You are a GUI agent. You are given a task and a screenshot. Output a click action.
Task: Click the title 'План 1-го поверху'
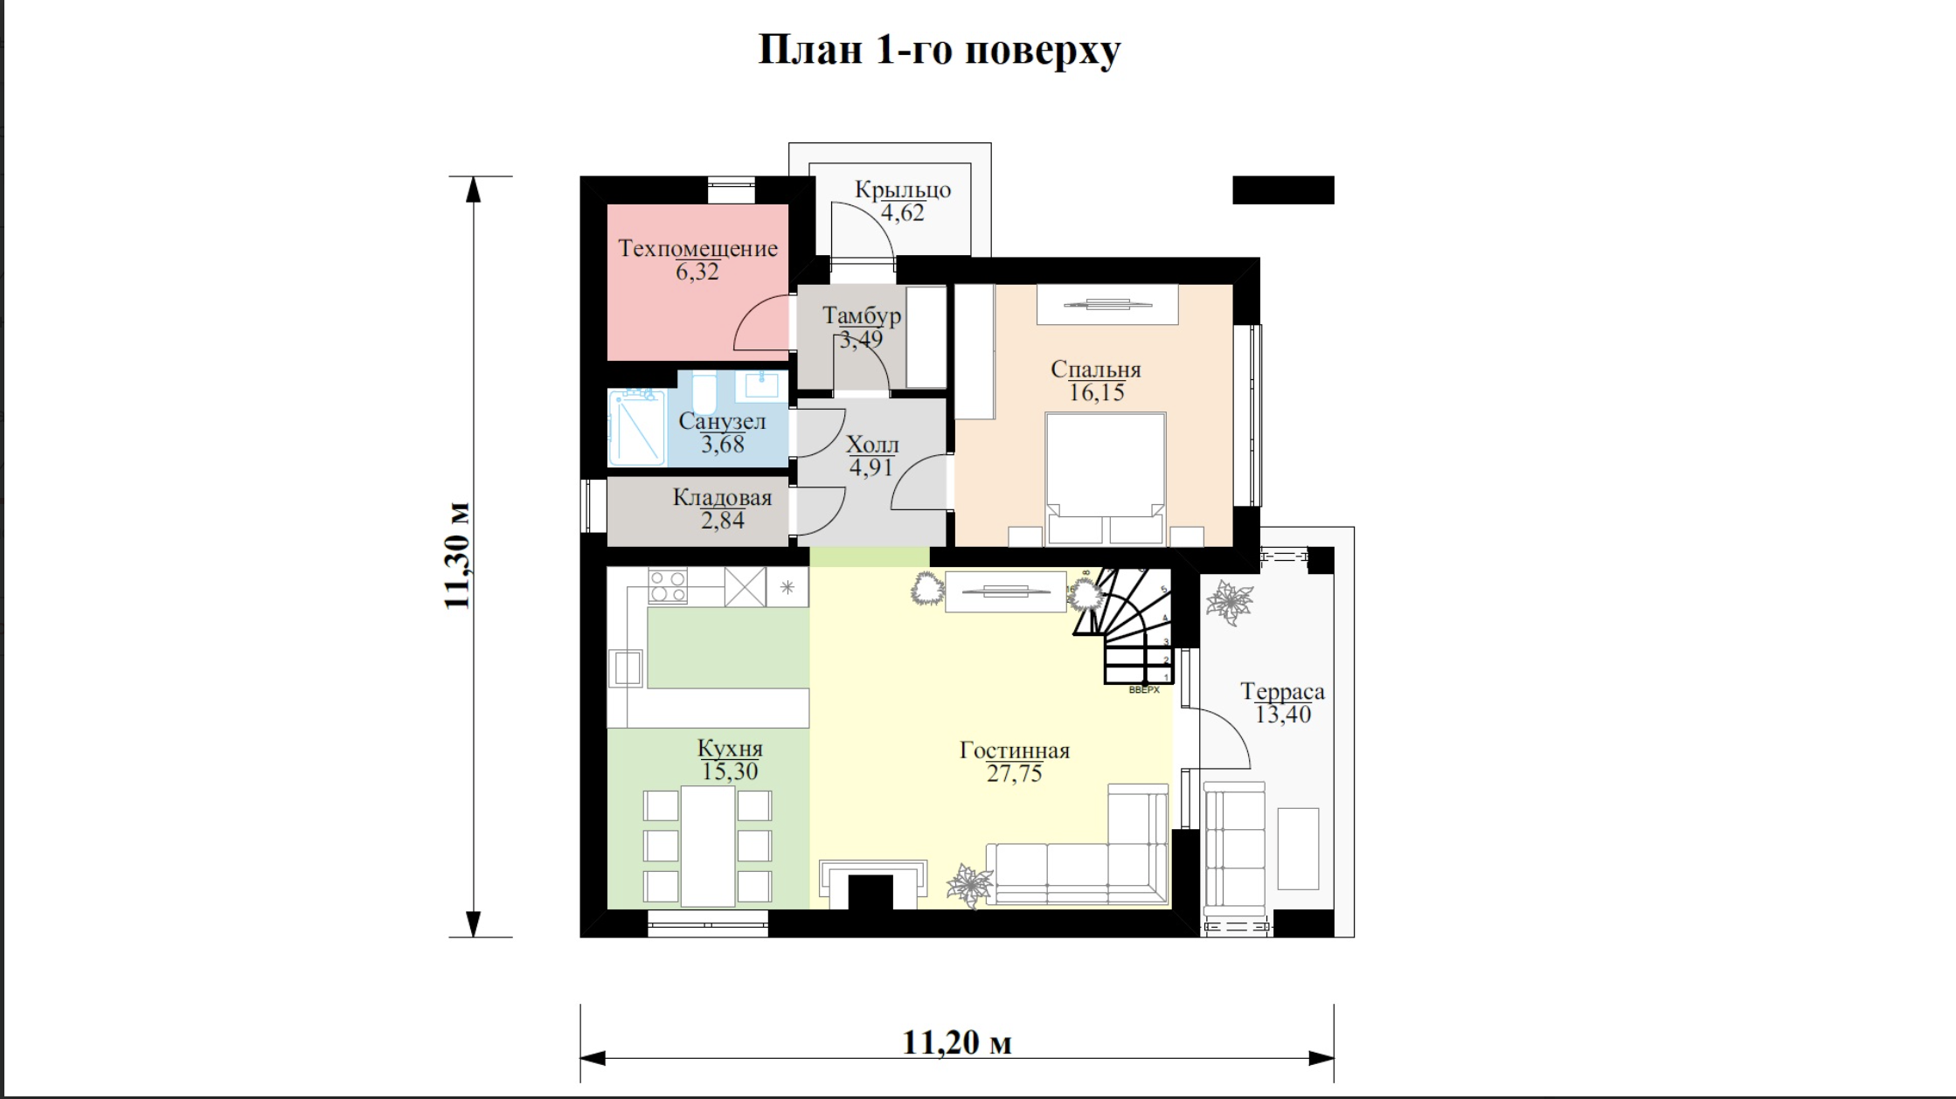pos(939,50)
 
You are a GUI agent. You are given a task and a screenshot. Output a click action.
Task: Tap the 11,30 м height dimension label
pos(457,556)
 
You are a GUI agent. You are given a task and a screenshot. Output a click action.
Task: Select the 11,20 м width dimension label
pos(957,1042)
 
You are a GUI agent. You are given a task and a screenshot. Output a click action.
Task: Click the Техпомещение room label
pos(697,248)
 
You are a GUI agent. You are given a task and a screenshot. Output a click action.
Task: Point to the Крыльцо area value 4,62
pos(902,213)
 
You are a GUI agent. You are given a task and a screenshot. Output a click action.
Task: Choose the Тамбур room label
pos(862,315)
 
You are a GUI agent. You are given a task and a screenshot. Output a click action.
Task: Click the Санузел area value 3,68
pos(723,445)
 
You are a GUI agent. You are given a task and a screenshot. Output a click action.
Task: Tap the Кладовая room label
pos(723,497)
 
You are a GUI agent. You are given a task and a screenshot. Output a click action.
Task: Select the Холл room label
pos(872,445)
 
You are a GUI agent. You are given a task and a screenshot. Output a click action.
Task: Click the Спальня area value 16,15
pos(1097,393)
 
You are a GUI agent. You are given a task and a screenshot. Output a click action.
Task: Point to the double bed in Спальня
pos(1106,479)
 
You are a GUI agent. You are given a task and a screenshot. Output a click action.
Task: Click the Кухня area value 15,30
pos(730,771)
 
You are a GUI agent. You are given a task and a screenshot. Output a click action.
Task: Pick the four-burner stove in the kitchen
pos(668,585)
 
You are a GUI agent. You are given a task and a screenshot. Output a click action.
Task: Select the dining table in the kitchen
pos(708,847)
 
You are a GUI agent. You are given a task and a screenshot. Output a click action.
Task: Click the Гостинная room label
pos(1015,750)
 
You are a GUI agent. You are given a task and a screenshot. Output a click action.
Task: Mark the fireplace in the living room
pos(873,884)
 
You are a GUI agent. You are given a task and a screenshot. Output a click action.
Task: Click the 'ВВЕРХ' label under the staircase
pos(1144,690)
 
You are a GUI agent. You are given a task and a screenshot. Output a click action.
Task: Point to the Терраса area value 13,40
pos(1283,715)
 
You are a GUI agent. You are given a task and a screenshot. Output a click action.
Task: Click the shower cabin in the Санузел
pos(637,428)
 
